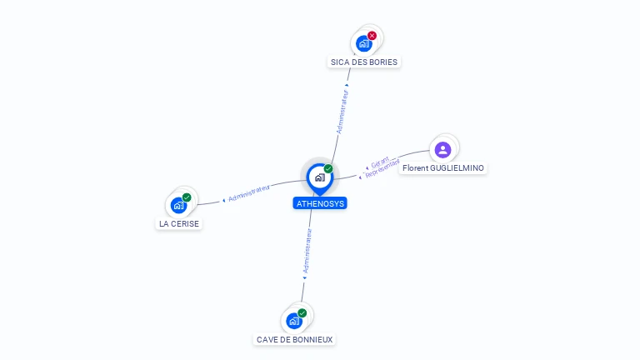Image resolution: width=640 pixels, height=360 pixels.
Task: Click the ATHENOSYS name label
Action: tap(320, 203)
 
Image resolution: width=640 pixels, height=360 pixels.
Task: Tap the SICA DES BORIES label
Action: tap(364, 62)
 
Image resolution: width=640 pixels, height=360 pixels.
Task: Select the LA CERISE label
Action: tap(179, 223)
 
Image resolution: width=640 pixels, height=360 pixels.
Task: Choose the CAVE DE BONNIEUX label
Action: tap(295, 339)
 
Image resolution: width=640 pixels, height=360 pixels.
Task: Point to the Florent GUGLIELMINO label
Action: tap(442, 167)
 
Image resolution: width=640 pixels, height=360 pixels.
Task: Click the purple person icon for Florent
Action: tap(443, 149)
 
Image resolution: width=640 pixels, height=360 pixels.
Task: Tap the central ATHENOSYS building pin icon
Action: tap(319, 177)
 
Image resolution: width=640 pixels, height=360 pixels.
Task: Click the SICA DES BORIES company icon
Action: tap(363, 43)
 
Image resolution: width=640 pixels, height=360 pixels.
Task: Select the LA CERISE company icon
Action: tap(177, 205)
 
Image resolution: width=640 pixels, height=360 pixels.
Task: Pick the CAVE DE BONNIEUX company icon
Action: tap(293, 321)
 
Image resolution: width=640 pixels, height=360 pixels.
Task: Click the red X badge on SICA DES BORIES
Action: tap(372, 36)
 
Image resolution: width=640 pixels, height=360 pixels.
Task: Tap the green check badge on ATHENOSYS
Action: tap(328, 169)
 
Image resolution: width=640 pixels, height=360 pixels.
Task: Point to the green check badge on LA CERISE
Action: tap(187, 197)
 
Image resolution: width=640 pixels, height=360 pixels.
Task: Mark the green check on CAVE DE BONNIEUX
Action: tap(302, 313)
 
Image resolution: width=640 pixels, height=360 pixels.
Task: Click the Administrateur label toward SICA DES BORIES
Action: tap(342, 111)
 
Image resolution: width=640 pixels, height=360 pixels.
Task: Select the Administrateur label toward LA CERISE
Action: tap(249, 193)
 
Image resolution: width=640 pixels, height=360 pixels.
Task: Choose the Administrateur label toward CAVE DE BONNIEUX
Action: tap(307, 252)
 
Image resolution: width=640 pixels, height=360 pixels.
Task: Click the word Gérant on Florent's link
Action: tap(380, 162)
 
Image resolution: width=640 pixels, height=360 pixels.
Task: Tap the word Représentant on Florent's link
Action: tap(383, 169)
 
